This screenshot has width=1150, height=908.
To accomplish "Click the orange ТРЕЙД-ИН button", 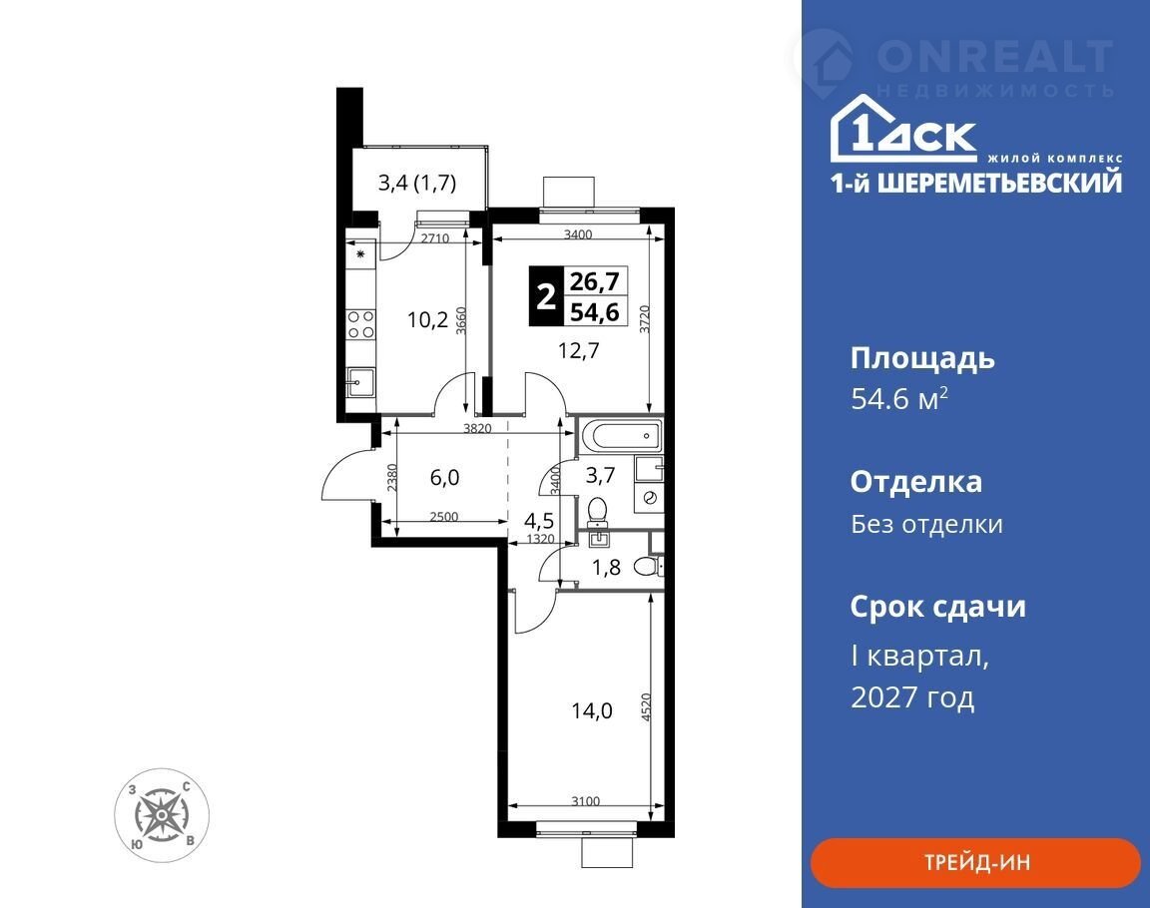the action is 975,862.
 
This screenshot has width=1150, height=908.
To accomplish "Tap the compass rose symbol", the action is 162,815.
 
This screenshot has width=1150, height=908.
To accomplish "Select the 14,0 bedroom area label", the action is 592,710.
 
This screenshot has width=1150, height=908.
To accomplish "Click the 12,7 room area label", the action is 579,350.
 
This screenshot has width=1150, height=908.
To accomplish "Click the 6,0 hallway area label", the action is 444,477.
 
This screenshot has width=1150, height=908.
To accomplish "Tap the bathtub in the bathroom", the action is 620,437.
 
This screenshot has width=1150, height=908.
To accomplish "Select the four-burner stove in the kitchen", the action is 360,324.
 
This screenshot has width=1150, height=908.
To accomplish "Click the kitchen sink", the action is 360,382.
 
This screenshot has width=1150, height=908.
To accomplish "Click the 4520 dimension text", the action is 646,707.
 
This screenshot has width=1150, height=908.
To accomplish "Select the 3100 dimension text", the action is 585,801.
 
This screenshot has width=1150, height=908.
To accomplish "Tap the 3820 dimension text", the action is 477,428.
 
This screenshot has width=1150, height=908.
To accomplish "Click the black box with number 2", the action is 545,295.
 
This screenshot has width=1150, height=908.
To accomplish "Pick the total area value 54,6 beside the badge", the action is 595,311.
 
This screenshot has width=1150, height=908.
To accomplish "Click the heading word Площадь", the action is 922,359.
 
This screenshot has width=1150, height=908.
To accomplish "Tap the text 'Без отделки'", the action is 926,524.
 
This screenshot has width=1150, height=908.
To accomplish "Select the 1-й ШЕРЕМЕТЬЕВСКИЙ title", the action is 976,182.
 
